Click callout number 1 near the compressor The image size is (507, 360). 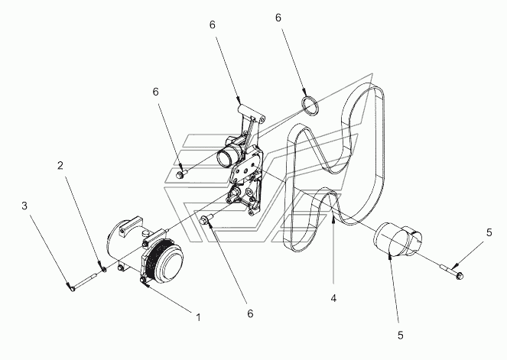tap(199, 317)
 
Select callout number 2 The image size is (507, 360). tap(60, 165)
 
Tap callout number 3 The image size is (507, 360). tap(24, 206)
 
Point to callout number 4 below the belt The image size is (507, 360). tap(333, 298)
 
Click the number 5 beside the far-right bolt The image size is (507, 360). tap(489, 232)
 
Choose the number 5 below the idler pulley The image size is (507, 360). tap(401, 336)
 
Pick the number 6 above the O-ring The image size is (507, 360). tap(278, 18)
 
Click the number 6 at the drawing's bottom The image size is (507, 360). tap(250, 313)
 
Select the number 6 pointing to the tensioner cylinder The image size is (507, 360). tap(213, 24)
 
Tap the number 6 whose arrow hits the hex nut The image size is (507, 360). tap(156, 92)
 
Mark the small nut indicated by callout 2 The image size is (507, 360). tap(104, 269)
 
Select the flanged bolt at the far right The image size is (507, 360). tap(452, 271)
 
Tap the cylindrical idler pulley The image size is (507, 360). tap(398, 239)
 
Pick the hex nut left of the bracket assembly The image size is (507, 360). tap(180, 174)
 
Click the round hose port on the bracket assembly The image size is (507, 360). tap(226, 156)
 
